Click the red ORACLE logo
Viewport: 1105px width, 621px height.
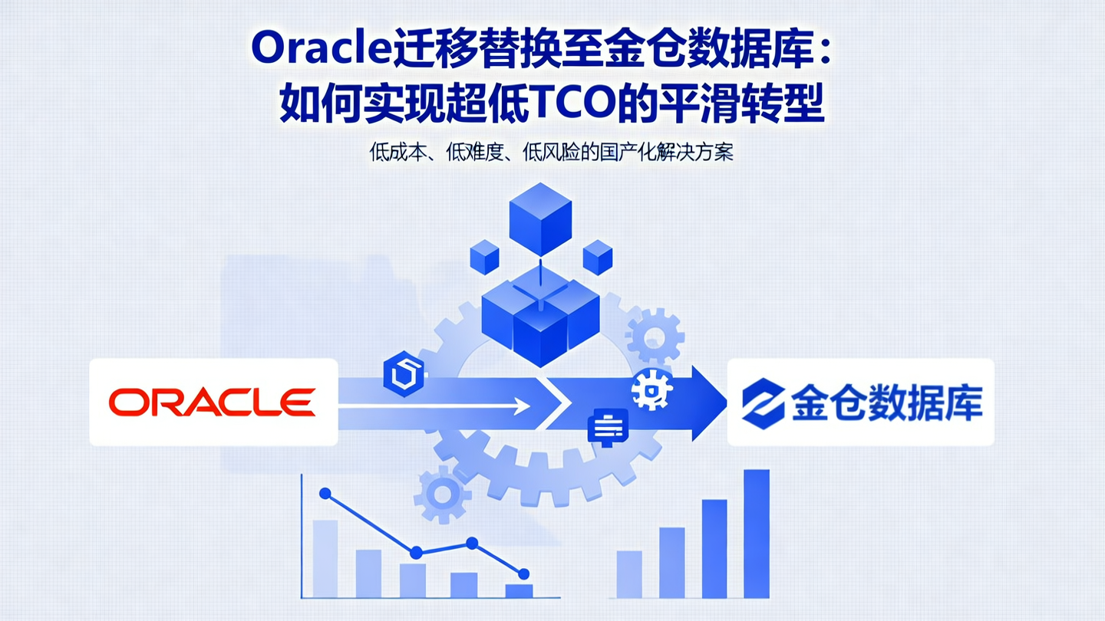click(212, 402)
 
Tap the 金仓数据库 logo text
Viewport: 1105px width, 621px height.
click(887, 402)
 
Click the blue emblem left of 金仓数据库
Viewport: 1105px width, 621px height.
click(763, 402)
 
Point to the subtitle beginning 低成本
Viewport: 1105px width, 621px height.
click(551, 152)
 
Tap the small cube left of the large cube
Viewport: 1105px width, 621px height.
click(484, 257)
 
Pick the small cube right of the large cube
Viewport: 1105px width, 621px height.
click(598, 257)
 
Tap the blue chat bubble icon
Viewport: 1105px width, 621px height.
click(607, 427)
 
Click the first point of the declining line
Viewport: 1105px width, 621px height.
click(325, 493)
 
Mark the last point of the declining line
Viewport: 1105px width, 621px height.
click(523, 573)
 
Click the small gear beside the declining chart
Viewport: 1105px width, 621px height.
click(442, 495)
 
